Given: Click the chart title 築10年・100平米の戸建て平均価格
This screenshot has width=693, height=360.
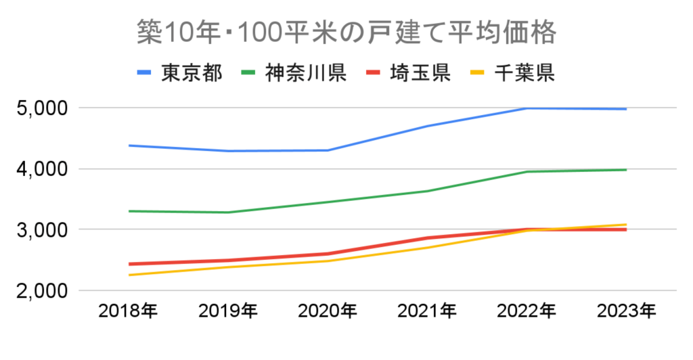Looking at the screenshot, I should click(x=346, y=32).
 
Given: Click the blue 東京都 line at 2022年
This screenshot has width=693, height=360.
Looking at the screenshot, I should click(x=527, y=108).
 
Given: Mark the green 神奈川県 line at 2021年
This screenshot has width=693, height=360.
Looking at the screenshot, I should click(x=427, y=191).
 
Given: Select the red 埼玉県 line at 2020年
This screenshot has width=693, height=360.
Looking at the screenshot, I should click(x=328, y=254).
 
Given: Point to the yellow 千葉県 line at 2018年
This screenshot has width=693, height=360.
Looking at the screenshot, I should click(x=128, y=275).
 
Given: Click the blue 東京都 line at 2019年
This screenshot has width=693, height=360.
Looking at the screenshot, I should click(x=228, y=151).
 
